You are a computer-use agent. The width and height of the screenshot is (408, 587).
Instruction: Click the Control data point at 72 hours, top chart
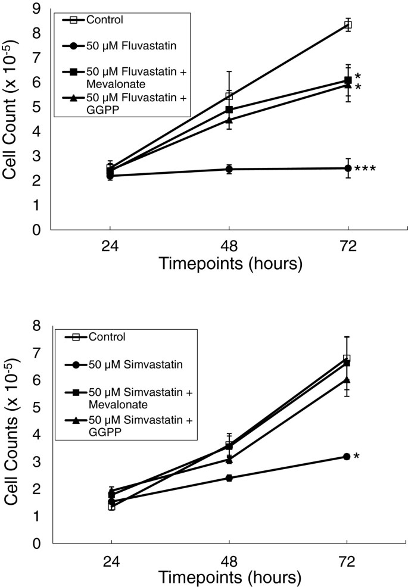(x=348, y=25)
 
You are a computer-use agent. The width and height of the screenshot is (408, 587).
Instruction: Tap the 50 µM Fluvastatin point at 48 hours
(x=229, y=170)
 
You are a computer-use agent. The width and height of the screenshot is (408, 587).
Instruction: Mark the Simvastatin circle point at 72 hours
(x=347, y=457)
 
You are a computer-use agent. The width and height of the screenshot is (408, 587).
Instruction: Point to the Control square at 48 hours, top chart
(x=229, y=96)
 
